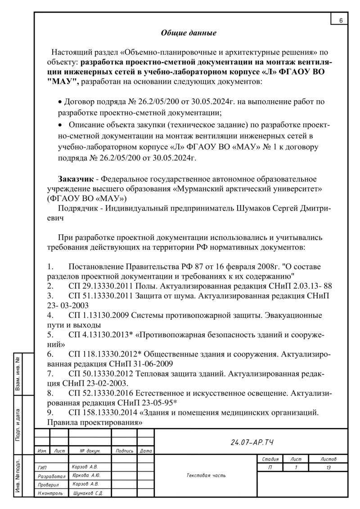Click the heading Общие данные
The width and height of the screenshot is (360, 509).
click(189, 33)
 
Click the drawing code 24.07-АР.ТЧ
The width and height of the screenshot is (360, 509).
click(252, 442)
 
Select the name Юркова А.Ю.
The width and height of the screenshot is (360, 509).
click(86, 475)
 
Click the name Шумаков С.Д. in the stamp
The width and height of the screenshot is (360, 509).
click(87, 493)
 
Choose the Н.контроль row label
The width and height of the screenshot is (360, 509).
click(50, 493)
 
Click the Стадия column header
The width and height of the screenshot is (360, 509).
click(270, 459)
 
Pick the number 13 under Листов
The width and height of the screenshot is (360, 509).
click(328, 468)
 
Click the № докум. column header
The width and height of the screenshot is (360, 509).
click(90, 450)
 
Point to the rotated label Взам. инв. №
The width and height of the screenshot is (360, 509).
click(18, 375)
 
